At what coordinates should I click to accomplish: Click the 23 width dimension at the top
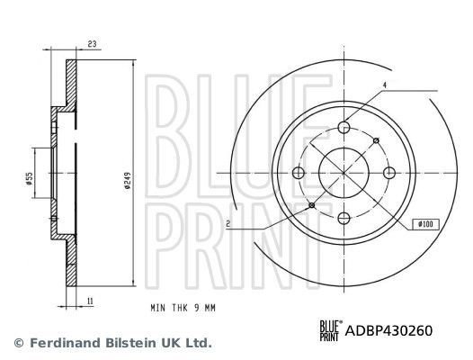coord(92,42)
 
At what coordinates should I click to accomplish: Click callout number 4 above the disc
coord(383,85)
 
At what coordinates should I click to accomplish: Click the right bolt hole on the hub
coord(388,173)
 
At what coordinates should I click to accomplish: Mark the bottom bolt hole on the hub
coord(345,217)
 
